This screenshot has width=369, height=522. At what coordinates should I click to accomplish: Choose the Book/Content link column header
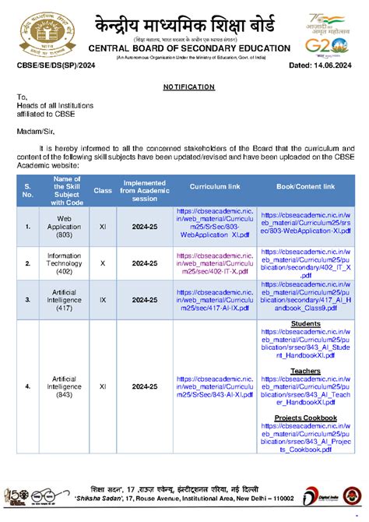[x=306, y=187]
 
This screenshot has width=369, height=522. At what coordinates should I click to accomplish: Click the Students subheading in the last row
[x=306, y=323]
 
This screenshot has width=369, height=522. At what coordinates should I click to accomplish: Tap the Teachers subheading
[x=306, y=371]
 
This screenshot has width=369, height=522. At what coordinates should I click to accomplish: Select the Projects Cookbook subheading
[x=306, y=418]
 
